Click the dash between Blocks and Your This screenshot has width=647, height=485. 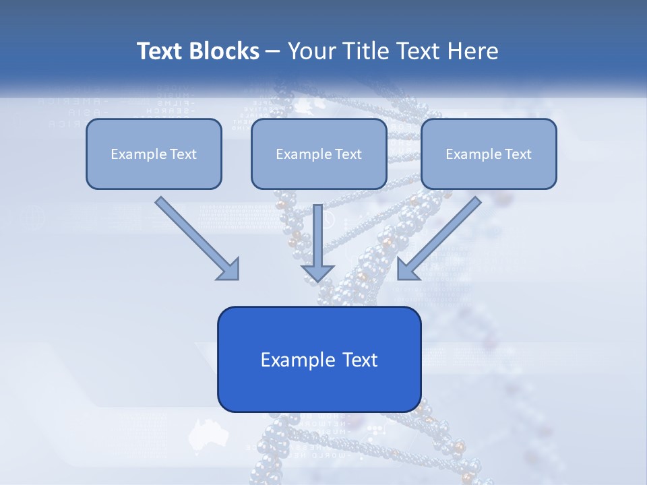pyautogui.click(x=273, y=52)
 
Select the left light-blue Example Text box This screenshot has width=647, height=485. pyautogui.click(x=154, y=154)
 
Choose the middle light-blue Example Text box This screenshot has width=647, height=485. pyautogui.click(x=319, y=154)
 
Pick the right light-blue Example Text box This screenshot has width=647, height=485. pyautogui.click(x=489, y=154)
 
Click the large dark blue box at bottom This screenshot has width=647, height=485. pyautogui.click(x=319, y=359)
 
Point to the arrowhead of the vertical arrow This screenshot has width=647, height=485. pyautogui.click(x=318, y=272)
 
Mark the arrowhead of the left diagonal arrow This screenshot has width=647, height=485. pyautogui.click(x=229, y=269)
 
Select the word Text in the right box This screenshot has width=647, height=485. pyautogui.click(x=518, y=154)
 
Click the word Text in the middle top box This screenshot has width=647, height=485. pyautogui.click(x=348, y=154)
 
